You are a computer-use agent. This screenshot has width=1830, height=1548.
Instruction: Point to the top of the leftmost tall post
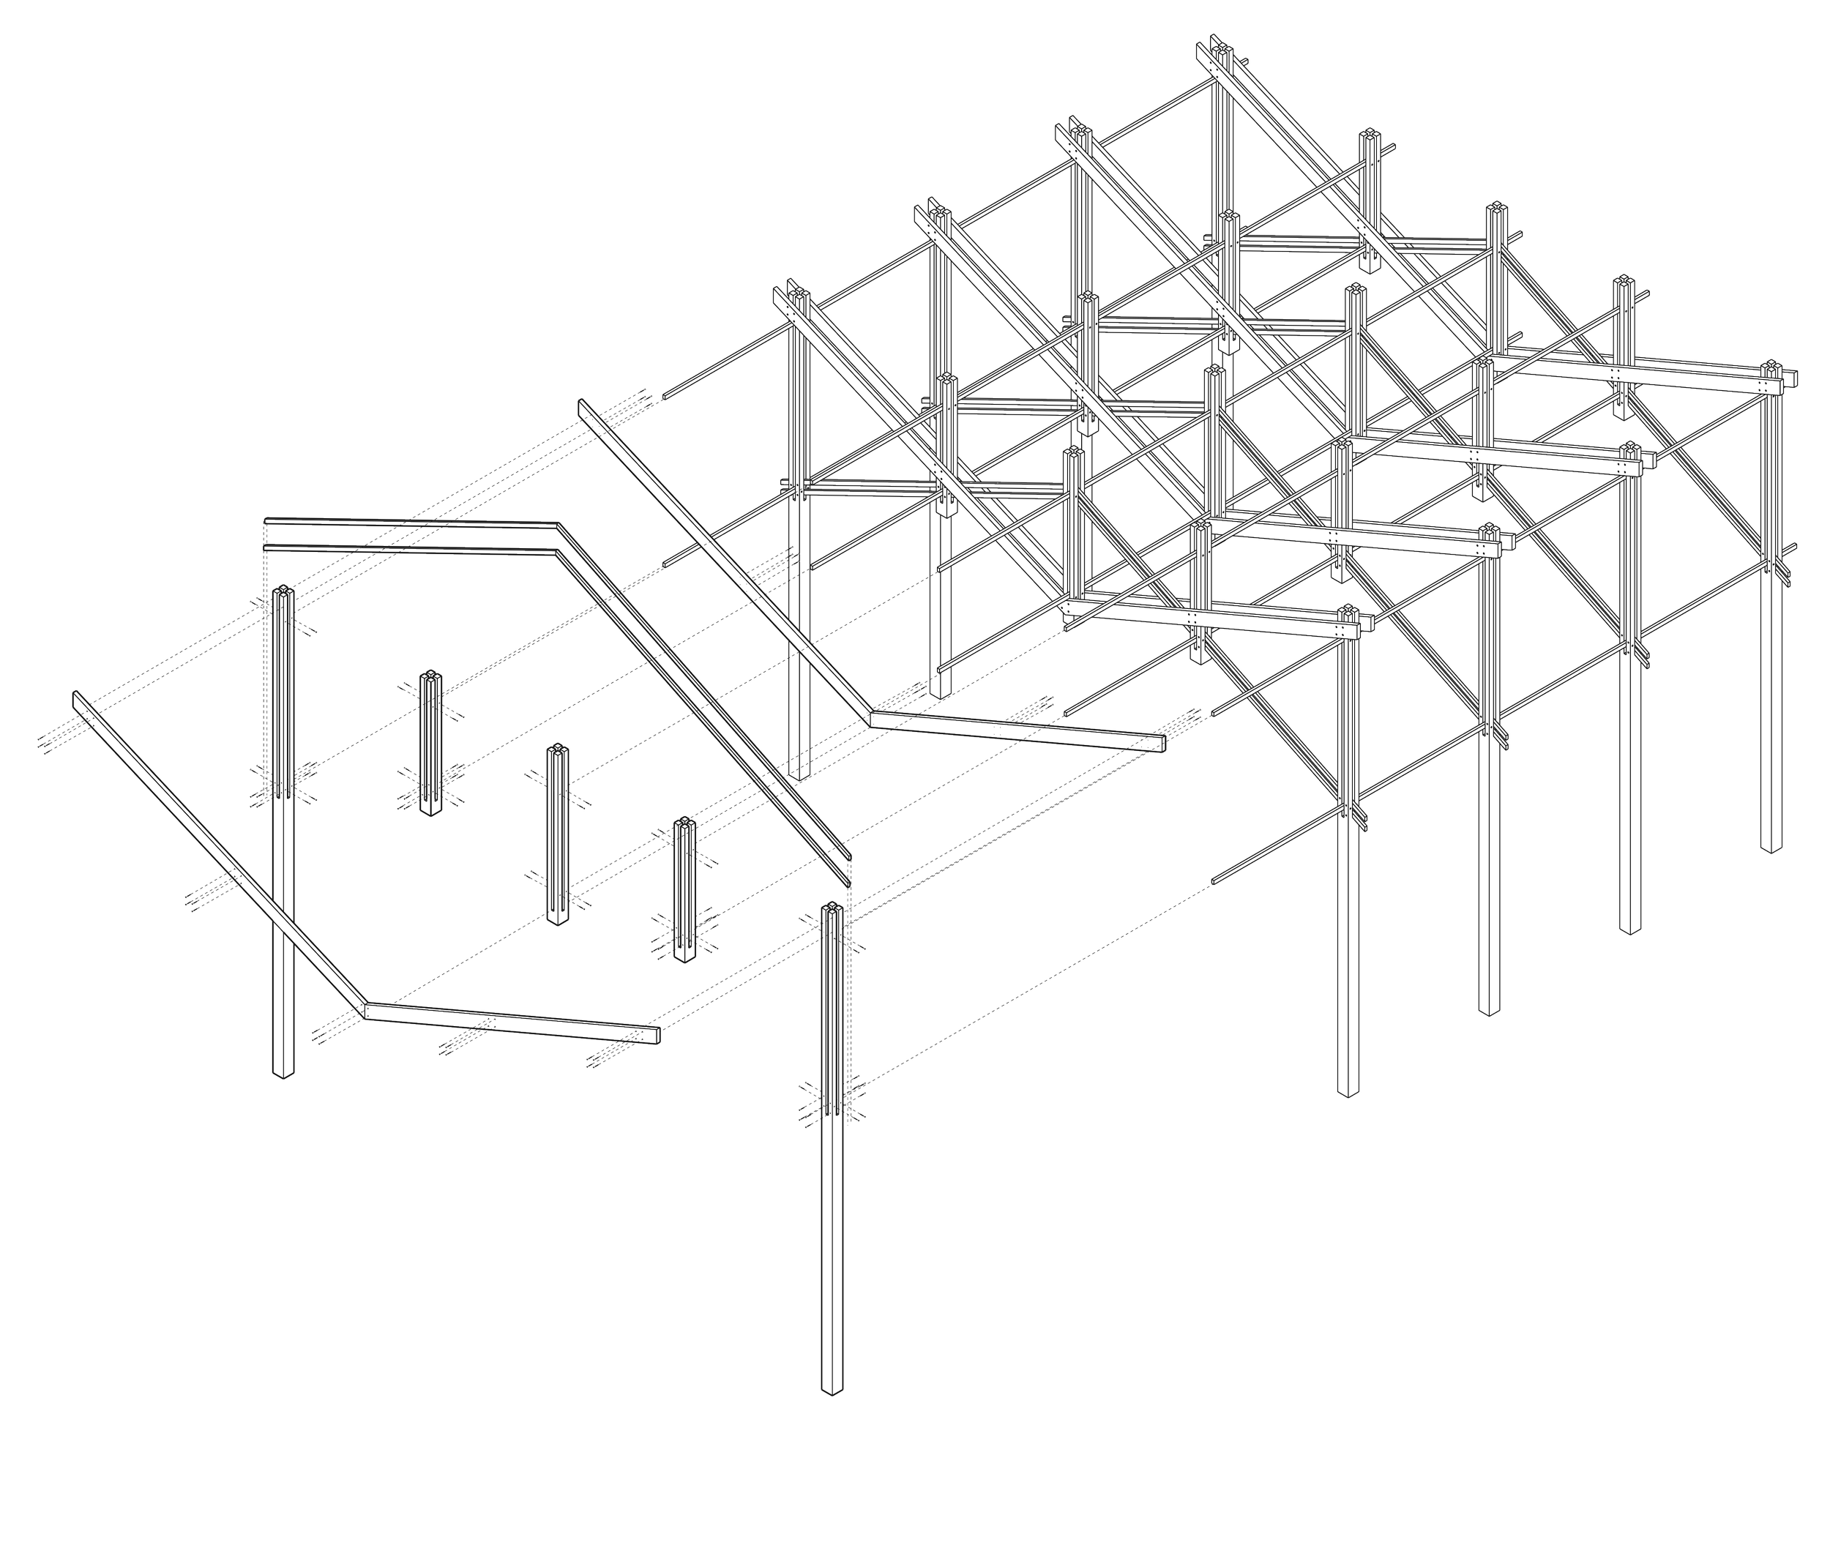coord(283,590)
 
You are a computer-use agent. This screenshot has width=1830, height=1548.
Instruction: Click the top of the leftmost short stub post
coord(429,675)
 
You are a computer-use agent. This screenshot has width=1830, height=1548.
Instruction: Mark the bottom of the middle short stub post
coord(556,921)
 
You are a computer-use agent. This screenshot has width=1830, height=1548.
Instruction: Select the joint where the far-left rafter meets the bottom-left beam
coord(363,1010)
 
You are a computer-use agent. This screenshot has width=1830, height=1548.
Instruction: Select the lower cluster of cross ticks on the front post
coord(830,1102)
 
